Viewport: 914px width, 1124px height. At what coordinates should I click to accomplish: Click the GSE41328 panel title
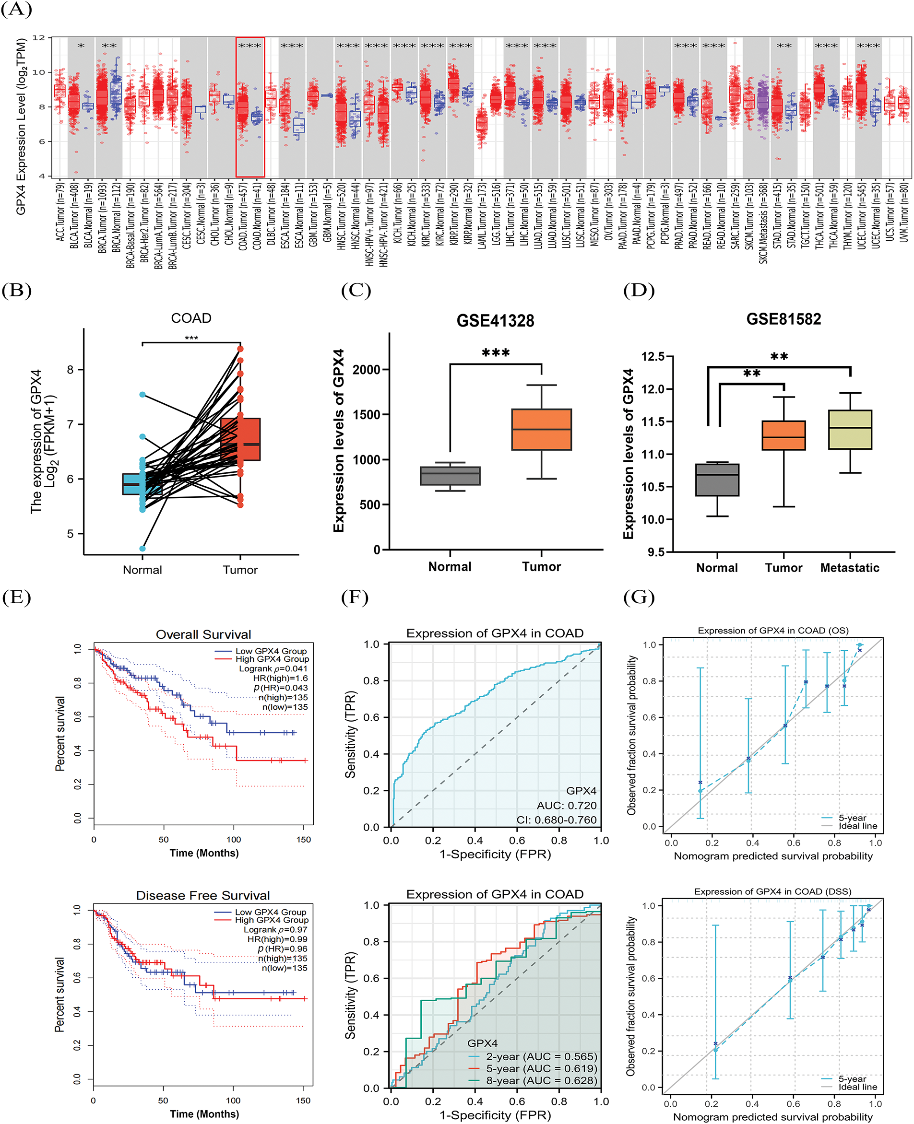pos(495,320)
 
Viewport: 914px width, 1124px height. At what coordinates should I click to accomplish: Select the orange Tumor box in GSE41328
pos(541,429)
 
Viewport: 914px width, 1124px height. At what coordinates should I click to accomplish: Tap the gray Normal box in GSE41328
pos(450,476)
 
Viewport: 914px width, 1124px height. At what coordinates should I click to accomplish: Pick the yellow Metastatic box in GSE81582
pos(850,429)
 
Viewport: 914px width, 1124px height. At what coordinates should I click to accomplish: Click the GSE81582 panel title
pos(783,319)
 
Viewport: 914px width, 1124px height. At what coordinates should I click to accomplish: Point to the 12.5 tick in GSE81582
pos(653,357)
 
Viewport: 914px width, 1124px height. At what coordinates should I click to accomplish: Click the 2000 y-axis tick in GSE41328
pos(367,369)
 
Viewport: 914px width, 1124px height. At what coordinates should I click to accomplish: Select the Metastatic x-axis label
pos(849,568)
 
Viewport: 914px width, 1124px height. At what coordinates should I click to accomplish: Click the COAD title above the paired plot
pos(191,318)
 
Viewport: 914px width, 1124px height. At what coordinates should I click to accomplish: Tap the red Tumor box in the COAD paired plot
pos(240,439)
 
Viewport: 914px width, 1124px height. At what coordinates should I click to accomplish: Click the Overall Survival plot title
pos(203,634)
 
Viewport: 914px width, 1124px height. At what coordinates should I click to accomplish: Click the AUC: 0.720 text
pos(567,806)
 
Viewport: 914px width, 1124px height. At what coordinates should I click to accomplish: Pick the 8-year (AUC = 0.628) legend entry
pos(541,1080)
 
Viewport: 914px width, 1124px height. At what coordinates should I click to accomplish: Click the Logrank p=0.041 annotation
pos(273,668)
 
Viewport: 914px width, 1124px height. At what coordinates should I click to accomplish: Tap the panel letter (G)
pos(639,597)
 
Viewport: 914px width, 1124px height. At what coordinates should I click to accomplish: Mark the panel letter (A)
pos(16,10)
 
